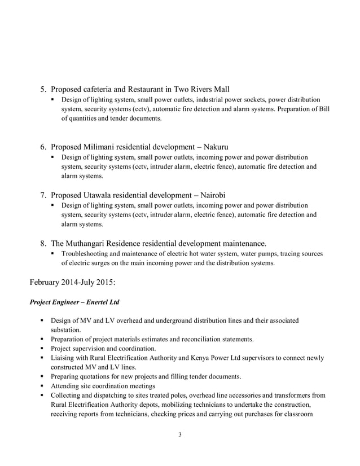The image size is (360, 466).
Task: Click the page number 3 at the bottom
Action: point(179,434)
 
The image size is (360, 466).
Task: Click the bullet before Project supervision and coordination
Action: point(42,349)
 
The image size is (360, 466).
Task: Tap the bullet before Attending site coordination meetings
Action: point(42,386)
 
